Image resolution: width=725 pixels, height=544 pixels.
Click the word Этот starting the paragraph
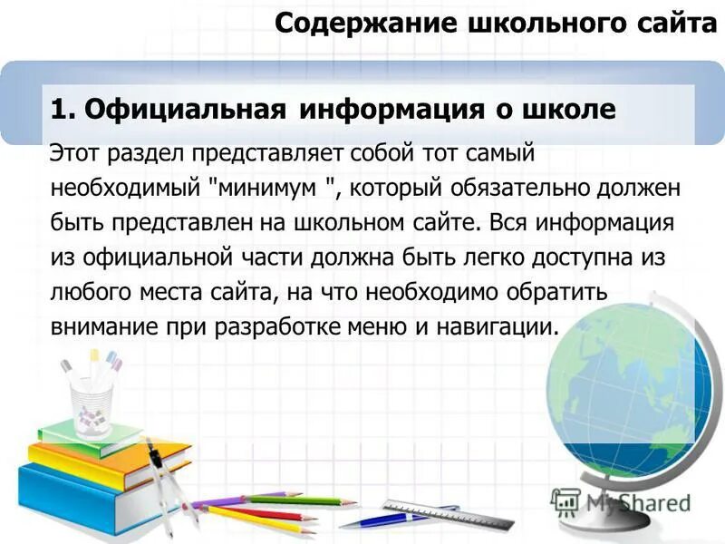pos(74,153)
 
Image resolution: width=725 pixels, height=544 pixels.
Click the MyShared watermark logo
pos(620,501)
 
